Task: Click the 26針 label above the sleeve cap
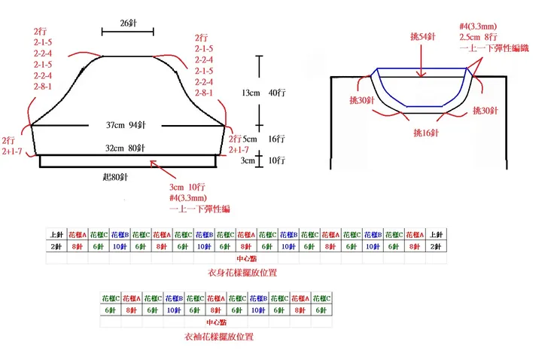[127, 23]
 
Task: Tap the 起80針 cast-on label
[113, 177]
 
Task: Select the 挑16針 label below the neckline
[425, 132]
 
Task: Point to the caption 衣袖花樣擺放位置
[218, 337]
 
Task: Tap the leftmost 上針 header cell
[56, 234]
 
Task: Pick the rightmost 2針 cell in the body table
[437, 246]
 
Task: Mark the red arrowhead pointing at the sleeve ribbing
[153, 162]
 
